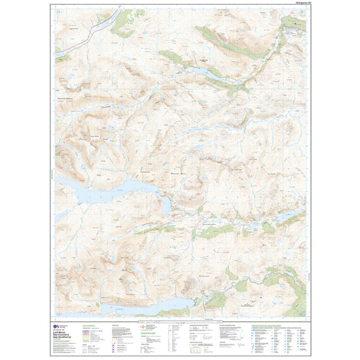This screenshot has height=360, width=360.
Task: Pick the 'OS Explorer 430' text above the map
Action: point(295,6)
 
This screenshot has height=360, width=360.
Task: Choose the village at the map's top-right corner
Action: point(294,24)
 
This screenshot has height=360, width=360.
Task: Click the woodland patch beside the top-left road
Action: point(122,24)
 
